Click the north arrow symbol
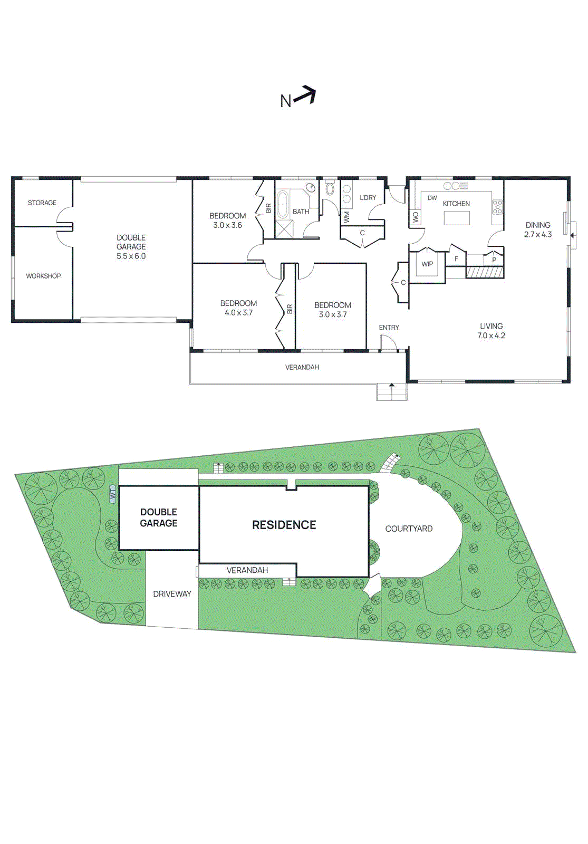click(x=305, y=95)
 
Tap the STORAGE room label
click(x=42, y=203)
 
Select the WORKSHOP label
click(x=43, y=276)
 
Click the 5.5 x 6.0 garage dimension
click(x=131, y=256)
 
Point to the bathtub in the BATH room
click(x=283, y=205)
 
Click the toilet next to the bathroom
click(x=330, y=188)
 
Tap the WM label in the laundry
click(x=346, y=216)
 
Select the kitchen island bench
click(x=457, y=218)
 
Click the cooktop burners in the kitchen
click(x=497, y=207)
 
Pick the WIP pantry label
click(x=427, y=264)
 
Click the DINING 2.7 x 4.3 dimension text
click(x=538, y=235)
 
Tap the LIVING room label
click(x=491, y=326)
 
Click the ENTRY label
click(x=389, y=328)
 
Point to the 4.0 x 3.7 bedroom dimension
click(x=238, y=313)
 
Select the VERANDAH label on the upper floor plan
click(x=302, y=367)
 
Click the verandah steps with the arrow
click(x=391, y=392)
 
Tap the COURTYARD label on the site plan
click(x=409, y=529)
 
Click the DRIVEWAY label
click(x=172, y=594)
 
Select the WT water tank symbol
click(x=112, y=494)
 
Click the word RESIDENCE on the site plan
click(x=284, y=525)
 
